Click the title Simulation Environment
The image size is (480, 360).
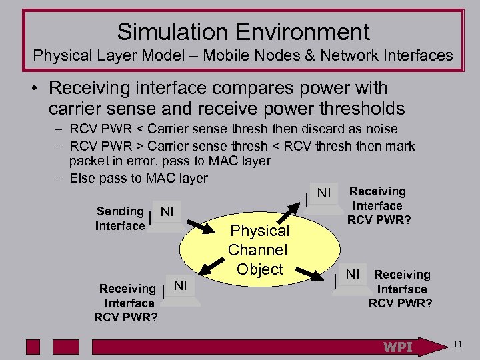243,31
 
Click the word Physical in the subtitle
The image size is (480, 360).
60,56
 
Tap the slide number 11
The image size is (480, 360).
457,345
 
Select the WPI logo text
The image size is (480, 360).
397,347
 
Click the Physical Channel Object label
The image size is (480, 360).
259,250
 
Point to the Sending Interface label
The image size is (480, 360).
120,219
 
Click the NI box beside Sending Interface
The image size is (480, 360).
167,212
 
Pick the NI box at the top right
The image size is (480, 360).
324,193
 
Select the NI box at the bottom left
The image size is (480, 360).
181,286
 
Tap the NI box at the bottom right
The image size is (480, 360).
352,274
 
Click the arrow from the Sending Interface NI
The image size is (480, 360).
197,225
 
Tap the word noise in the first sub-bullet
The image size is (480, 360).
381,129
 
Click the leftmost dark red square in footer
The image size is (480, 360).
33,347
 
